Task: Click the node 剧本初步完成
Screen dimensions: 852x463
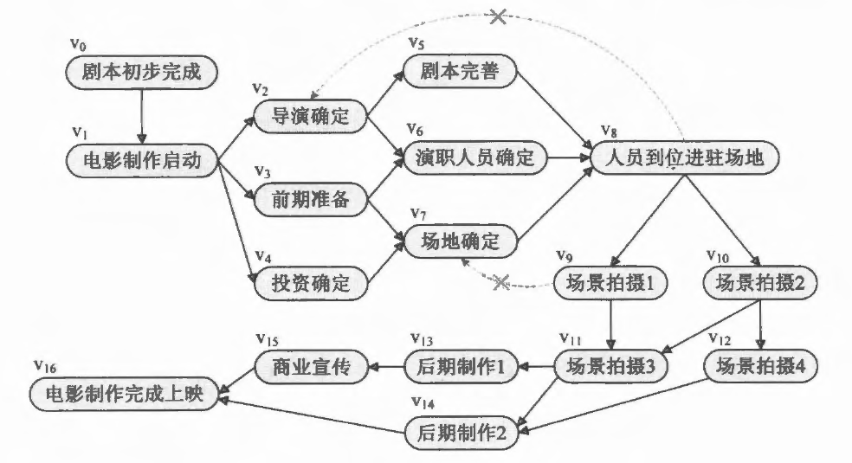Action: tap(141, 72)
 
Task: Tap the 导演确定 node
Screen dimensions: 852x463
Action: tap(310, 116)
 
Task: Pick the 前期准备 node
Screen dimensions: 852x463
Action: tap(310, 199)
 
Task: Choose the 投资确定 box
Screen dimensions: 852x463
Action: tap(310, 283)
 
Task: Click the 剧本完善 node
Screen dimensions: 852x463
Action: tap(459, 71)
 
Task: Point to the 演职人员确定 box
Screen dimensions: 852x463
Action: tap(474, 158)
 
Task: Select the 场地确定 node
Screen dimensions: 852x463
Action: tap(460, 241)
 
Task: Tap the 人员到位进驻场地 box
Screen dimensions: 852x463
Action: tap(685, 158)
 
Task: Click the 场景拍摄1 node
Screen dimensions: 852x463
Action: tap(610, 283)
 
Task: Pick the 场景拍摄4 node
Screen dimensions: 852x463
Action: tap(760, 366)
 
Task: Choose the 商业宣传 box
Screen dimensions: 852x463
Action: tap(312, 367)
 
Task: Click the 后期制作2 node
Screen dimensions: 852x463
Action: tap(461, 434)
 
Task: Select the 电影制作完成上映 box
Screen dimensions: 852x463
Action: tap(125, 394)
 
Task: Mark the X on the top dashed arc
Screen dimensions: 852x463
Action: tap(498, 16)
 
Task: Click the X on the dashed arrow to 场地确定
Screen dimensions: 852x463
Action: tap(500, 282)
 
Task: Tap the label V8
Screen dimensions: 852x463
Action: tap(609, 131)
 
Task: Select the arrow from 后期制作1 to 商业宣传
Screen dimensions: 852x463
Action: tap(386, 366)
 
